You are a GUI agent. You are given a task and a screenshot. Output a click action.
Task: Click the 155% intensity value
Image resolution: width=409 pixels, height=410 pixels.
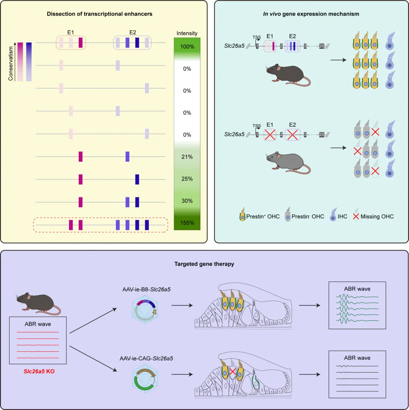(x=187, y=223)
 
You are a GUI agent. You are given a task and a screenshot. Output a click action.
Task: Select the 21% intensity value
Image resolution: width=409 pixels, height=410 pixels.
(x=187, y=157)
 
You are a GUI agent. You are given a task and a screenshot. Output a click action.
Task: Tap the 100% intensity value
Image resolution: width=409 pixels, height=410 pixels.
(x=187, y=47)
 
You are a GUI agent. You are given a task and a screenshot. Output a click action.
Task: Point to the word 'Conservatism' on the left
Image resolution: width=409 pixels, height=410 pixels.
(x=11, y=62)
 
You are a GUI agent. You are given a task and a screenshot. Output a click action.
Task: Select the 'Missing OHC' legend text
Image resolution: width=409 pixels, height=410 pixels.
(x=377, y=217)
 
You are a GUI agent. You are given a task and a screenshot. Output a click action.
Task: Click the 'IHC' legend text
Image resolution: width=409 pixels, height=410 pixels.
(x=342, y=217)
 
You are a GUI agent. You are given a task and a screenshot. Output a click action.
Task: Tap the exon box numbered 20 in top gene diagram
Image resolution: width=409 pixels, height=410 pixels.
(x=322, y=46)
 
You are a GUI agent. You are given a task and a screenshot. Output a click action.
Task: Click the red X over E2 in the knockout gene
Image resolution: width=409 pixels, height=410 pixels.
(x=292, y=134)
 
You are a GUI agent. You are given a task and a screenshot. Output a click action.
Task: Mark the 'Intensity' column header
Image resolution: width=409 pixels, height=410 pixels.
(x=187, y=33)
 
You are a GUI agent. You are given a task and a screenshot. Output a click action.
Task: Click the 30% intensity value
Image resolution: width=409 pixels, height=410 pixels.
(x=187, y=201)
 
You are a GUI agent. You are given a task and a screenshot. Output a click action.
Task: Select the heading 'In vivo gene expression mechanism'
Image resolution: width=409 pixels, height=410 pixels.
(x=311, y=14)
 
